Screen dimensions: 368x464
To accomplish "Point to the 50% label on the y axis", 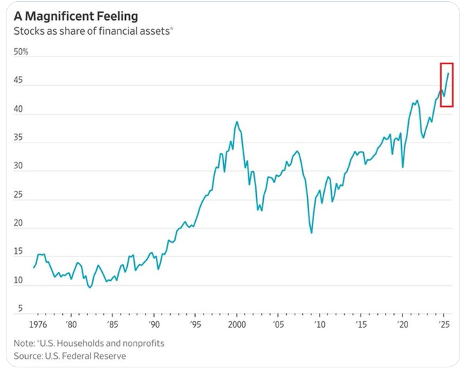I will click(21, 52).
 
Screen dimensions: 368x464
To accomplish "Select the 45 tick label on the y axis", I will click(19, 81).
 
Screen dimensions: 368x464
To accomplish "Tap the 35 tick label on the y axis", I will click(19, 137).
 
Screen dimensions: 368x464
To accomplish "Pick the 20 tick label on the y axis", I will click(19, 223).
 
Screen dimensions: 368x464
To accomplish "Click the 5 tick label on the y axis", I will click(21, 309).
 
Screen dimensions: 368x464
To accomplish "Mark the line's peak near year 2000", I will click(237, 121).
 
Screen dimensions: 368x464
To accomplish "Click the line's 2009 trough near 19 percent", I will click(311, 232).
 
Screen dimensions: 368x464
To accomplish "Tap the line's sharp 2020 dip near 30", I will click(402, 167).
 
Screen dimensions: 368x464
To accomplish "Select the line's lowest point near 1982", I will click(90, 287).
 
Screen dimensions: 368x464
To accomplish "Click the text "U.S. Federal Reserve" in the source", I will click(85, 355).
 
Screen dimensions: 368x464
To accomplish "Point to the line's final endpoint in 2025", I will click(448, 73).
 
